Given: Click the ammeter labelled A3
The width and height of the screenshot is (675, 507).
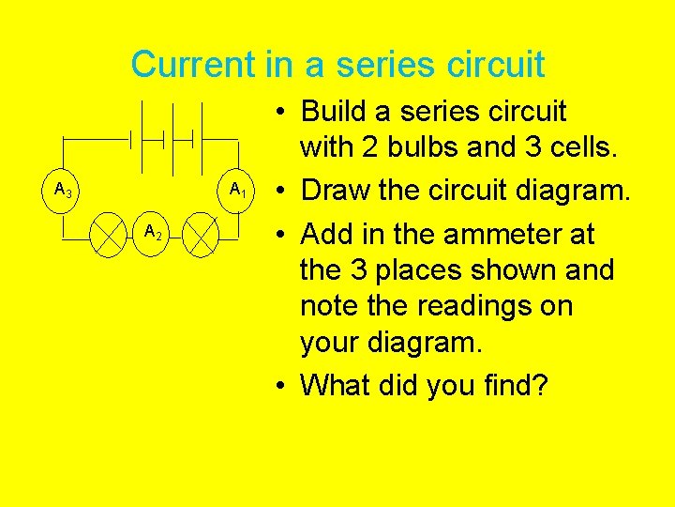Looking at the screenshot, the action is (x=64, y=191).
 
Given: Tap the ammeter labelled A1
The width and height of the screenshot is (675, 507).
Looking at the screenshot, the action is (x=236, y=191).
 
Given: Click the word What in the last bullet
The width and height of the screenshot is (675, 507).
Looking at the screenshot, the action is (x=341, y=386).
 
